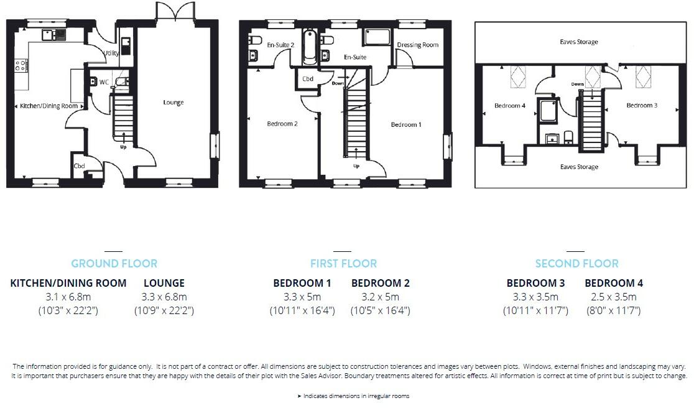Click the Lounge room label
click(173, 103)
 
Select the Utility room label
click(111, 53)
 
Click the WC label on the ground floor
click(104, 81)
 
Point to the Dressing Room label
click(417, 45)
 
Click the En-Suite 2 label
click(280, 45)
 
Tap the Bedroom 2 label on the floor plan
click(282, 124)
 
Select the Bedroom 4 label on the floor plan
click(510, 106)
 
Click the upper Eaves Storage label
click(578, 42)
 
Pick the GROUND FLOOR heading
click(114, 264)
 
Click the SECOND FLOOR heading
click(576, 264)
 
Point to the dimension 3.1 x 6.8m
click(68, 297)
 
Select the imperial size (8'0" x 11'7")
click(614, 310)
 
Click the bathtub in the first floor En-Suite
click(309, 47)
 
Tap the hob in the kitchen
click(21, 65)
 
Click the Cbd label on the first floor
click(308, 79)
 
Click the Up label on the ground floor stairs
click(123, 147)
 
